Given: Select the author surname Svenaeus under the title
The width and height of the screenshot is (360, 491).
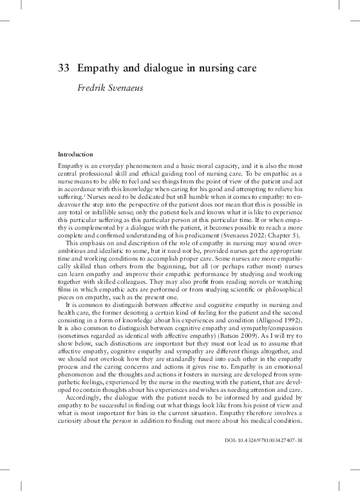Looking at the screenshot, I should (x=122, y=86).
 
